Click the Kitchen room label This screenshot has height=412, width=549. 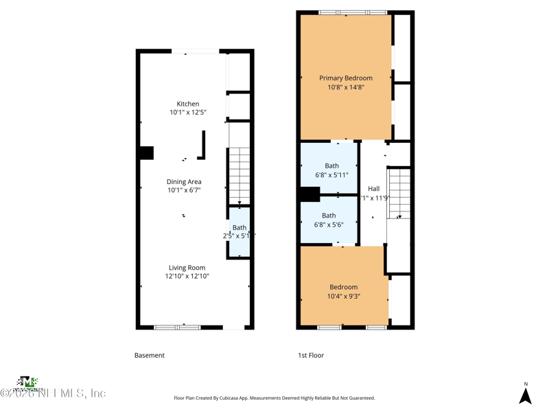click(187, 104)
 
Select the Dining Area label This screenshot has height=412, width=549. click(184, 182)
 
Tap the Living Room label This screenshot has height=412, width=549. click(187, 268)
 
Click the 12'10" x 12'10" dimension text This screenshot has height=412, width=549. click(187, 277)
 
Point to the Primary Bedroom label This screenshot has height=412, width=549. click(345, 78)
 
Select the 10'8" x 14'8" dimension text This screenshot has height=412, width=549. click(345, 87)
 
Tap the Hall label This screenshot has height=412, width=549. click(373, 189)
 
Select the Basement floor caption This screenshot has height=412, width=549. click(149, 356)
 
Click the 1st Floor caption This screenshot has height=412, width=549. click(310, 356)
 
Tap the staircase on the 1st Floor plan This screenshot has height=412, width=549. click(399, 193)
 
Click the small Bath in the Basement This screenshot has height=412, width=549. click(239, 231)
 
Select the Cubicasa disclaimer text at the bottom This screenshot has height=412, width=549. click(274, 398)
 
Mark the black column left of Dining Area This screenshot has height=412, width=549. click(146, 153)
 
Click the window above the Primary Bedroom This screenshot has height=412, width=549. click(353, 12)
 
